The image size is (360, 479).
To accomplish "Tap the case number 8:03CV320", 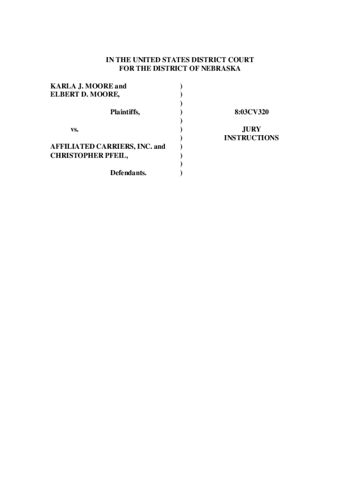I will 251,112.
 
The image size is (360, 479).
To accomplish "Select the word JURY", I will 251,129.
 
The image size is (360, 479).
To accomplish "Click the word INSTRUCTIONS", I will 251,138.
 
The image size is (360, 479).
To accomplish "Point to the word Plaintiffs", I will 125,112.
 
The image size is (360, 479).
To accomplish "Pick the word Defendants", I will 128,173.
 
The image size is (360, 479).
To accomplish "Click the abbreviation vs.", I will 74,129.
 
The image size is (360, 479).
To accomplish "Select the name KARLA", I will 62,86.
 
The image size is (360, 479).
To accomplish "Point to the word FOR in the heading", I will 127,69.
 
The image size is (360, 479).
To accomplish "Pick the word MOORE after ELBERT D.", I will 105,94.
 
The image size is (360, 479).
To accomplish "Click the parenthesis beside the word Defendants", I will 181,173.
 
